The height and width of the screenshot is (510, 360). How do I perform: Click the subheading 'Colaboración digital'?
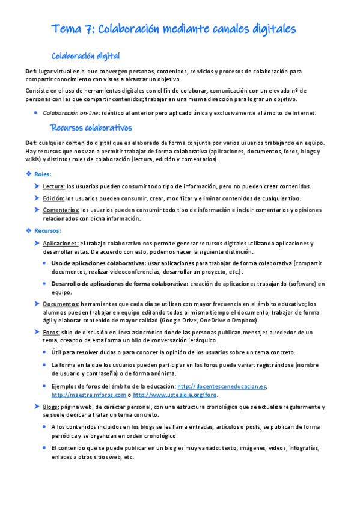[86, 57]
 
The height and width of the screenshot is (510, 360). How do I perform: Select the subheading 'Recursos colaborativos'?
[91, 128]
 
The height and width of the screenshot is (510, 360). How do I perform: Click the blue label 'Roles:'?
[43, 174]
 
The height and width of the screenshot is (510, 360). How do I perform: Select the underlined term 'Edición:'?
[53, 198]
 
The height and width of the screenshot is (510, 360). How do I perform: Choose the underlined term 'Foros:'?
[51, 332]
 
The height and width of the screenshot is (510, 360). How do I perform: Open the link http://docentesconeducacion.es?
[222, 386]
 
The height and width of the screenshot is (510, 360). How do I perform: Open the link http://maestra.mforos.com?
[89, 395]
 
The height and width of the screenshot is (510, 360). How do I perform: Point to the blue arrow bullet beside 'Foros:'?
[37, 332]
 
